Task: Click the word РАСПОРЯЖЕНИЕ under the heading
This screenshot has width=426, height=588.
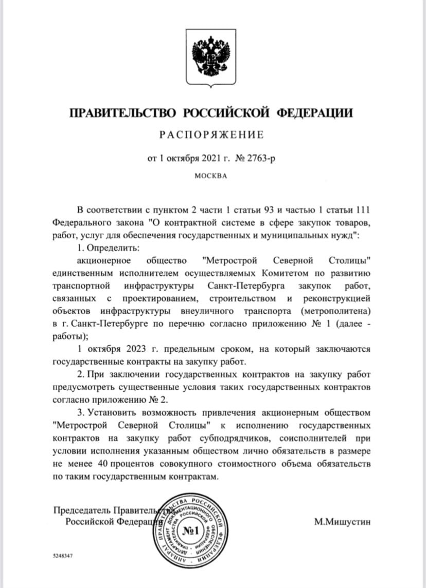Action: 212,135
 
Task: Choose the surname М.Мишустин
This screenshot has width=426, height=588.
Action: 342,522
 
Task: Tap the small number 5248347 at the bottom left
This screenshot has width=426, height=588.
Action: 63,556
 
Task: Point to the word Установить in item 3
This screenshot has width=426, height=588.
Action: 112,412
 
